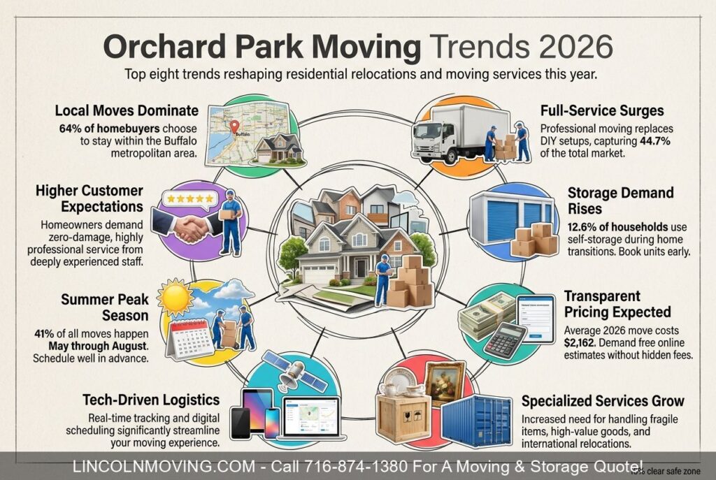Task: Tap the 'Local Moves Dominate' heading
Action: (127, 111)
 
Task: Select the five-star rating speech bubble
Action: (188, 200)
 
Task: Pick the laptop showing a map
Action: (308, 419)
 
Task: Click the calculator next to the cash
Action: (504, 340)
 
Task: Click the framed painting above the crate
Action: (445, 381)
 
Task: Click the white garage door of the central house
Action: (320, 274)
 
